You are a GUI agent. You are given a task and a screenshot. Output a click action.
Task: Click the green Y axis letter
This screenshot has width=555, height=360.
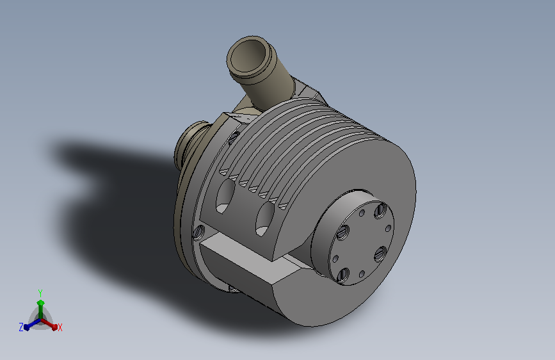pyautogui.click(x=40, y=293)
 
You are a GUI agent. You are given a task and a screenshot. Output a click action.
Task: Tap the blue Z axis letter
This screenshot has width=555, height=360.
pyautogui.click(x=21, y=327)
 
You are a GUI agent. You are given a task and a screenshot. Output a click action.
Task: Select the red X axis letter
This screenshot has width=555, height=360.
pyautogui.click(x=60, y=327)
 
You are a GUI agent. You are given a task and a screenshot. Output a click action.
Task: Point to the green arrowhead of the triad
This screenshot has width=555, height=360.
pyautogui.click(x=41, y=303)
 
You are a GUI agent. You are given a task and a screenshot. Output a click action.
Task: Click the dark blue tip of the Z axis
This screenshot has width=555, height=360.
pyautogui.click(x=26, y=327)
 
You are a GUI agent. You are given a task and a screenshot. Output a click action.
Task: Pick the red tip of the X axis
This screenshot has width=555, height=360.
pyautogui.click(x=54, y=327)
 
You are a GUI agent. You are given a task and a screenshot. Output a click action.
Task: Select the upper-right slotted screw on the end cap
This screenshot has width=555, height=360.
pyautogui.click(x=381, y=211)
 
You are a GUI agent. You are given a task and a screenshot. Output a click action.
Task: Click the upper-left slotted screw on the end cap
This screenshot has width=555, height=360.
pyautogui.click(x=342, y=233)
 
